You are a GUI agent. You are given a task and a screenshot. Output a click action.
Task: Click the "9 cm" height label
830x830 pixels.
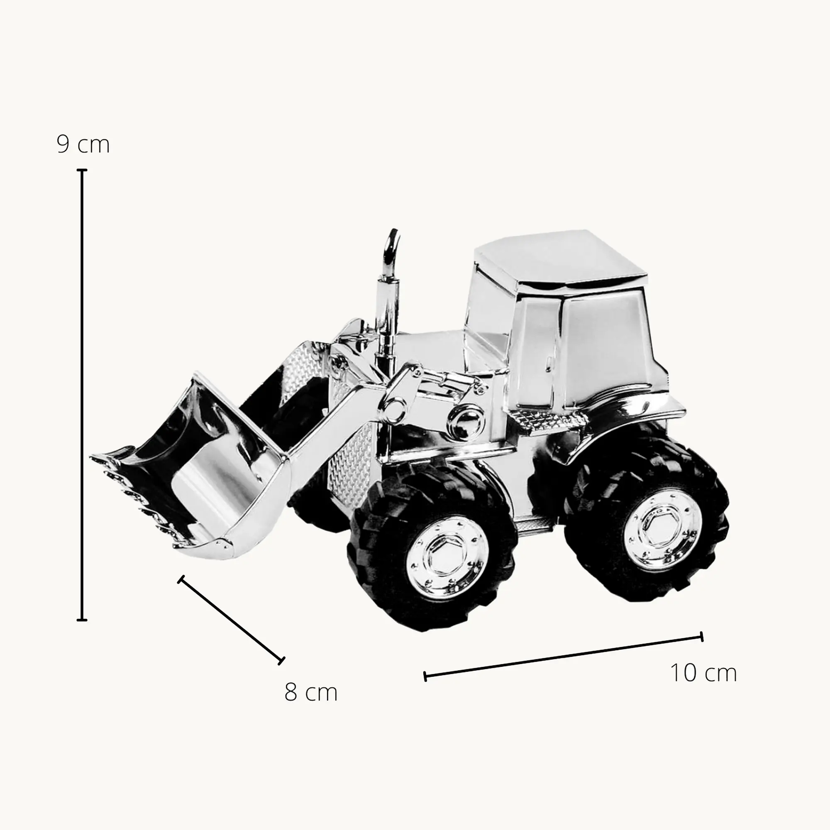83,144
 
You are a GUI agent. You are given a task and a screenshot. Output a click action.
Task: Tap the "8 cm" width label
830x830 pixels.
311,693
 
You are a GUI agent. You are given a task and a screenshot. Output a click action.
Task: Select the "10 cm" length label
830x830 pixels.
704,673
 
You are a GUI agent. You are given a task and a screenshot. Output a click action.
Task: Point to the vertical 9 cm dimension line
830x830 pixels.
82,395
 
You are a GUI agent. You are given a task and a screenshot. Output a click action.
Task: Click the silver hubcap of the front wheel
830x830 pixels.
447,558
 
